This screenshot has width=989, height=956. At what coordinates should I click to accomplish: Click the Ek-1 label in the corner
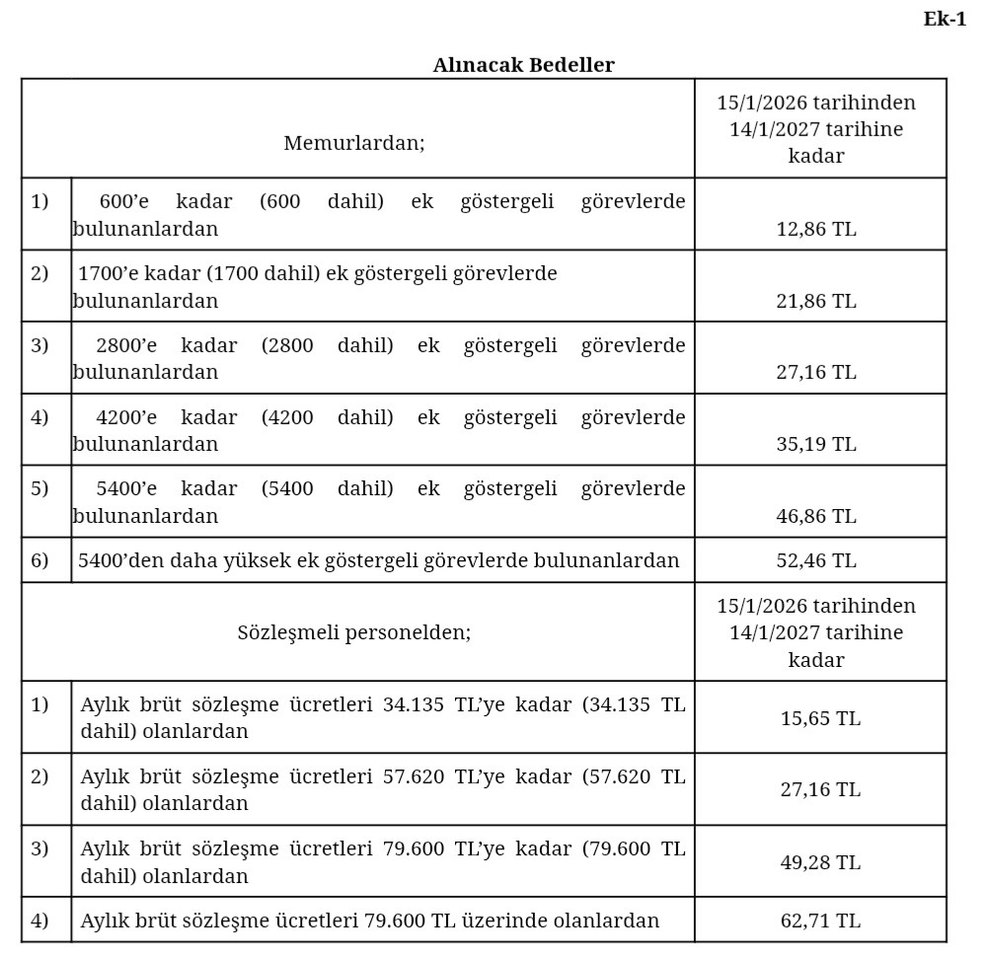(945, 19)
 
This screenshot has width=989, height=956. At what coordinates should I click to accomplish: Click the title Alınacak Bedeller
(523, 65)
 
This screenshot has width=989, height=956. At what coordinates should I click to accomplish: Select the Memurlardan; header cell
(353, 143)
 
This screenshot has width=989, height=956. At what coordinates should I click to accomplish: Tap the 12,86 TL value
(816, 229)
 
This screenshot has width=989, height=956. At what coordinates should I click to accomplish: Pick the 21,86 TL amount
(816, 301)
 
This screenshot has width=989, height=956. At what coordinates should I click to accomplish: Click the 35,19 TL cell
(816, 444)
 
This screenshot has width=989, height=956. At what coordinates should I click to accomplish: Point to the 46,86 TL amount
(816, 516)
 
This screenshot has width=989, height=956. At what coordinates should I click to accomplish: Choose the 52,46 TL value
(816, 560)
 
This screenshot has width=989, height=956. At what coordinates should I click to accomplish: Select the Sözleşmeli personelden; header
(353, 632)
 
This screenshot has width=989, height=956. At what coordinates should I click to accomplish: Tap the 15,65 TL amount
(820, 718)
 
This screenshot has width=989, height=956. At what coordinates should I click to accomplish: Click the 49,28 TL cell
(820, 862)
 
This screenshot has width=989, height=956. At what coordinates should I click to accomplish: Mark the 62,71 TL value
(820, 920)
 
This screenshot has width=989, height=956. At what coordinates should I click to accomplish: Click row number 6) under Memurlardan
(39, 560)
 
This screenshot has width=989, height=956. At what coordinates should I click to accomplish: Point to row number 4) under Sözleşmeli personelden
(39, 920)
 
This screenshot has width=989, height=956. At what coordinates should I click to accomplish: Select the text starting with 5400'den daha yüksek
(378, 560)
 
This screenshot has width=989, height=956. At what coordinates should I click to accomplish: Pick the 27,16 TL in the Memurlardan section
(816, 372)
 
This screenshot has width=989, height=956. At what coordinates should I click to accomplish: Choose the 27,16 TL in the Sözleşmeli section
(820, 789)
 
